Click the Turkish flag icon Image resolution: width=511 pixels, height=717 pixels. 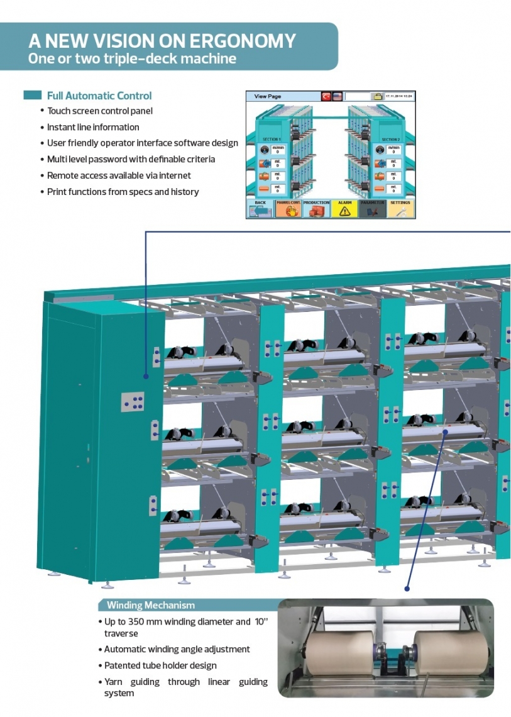coord(326,97)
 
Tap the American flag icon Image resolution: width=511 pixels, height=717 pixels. coord(337,97)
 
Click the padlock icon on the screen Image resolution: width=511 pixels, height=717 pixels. coord(377,97)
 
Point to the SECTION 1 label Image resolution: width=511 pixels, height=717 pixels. coord(271,140)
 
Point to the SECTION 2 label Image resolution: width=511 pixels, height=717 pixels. coord(390,140)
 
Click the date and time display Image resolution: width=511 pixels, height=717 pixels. coord(399,97)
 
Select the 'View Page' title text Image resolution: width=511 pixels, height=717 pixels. coord(268,97)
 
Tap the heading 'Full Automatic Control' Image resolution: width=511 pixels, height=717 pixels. coord(99,96)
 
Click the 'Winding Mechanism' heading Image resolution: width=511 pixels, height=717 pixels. coord(151,605)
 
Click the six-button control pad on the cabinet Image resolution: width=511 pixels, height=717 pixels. coord(133,401)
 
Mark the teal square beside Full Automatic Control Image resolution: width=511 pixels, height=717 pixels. coord(33,96)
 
